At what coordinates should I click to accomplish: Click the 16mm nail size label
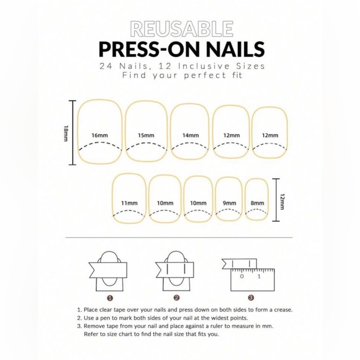click(100, 135)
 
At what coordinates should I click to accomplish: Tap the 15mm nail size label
click(146, 135)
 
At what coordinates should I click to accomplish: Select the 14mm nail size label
click(191, 135)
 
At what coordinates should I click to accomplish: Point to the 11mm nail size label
click(130, 203)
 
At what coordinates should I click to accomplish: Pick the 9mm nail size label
click(230, 203)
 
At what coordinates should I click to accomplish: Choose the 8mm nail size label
click(257, 203)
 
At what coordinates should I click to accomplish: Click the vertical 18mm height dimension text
click(66, 133)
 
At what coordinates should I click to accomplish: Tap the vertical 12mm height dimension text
click(282, 201)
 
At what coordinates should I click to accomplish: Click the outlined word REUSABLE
click(182, 29)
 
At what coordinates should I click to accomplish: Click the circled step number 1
click(110, 298)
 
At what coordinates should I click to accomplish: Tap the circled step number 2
click(176, 298)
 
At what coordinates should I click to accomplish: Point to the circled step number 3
click(251, 298)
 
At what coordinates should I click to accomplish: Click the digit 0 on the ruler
click(241, 276)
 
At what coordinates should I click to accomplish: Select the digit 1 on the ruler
click(259, 276)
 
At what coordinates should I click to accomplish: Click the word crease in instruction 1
click(284, 310)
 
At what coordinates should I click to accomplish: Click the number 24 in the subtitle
click(106, 66)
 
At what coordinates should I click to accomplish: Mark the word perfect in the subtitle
click(205, 76)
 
